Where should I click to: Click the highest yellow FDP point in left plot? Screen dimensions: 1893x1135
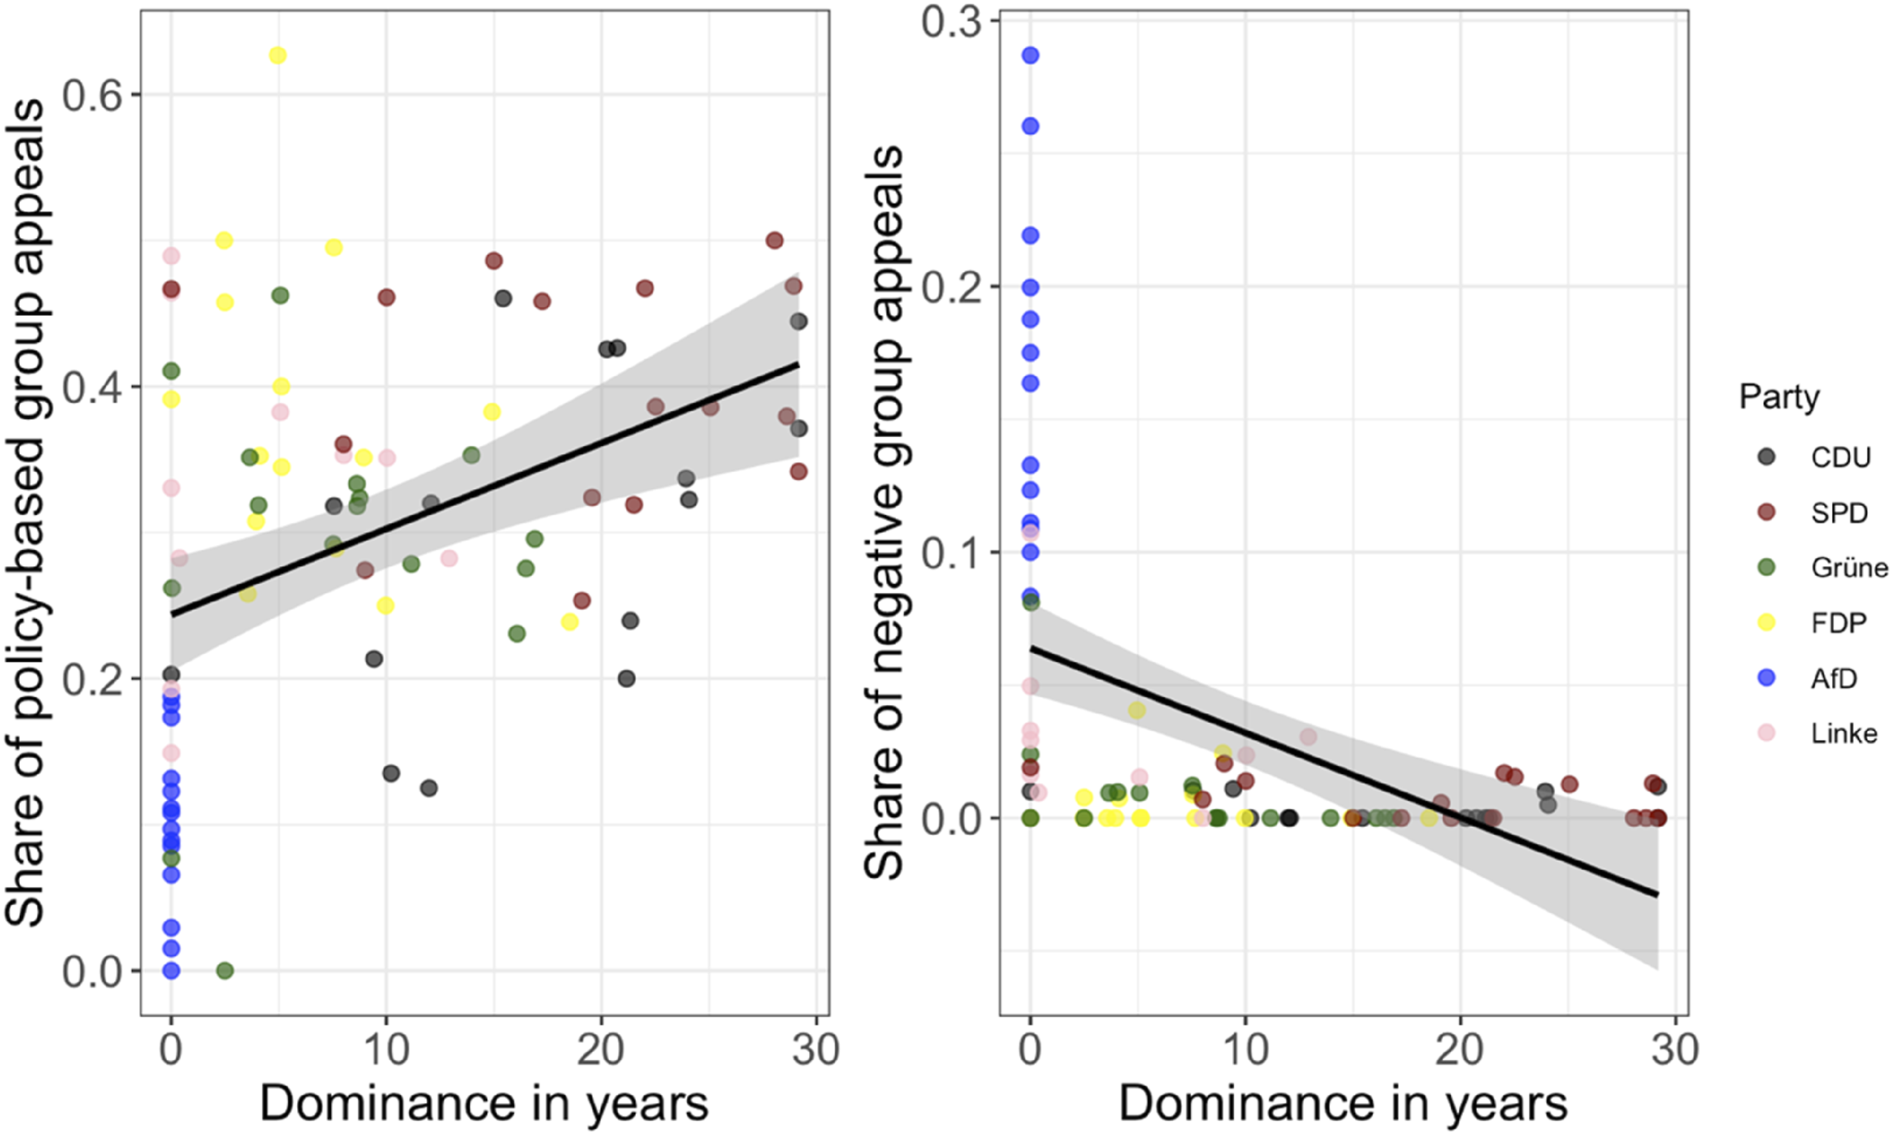277,55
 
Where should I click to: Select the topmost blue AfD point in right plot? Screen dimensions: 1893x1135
1030,55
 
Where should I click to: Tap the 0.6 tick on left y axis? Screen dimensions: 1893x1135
91,96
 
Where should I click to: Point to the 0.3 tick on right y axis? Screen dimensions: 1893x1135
950,21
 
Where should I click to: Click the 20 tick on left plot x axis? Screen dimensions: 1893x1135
600,1050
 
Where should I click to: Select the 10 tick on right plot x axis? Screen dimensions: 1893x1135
1246,1050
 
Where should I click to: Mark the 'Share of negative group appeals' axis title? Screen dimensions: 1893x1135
884,512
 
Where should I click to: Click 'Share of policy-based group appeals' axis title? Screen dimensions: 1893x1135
24,512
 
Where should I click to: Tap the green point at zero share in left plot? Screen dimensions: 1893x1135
225,971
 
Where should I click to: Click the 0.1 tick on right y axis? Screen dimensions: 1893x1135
950,553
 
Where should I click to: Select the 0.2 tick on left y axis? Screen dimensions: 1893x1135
91,679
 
